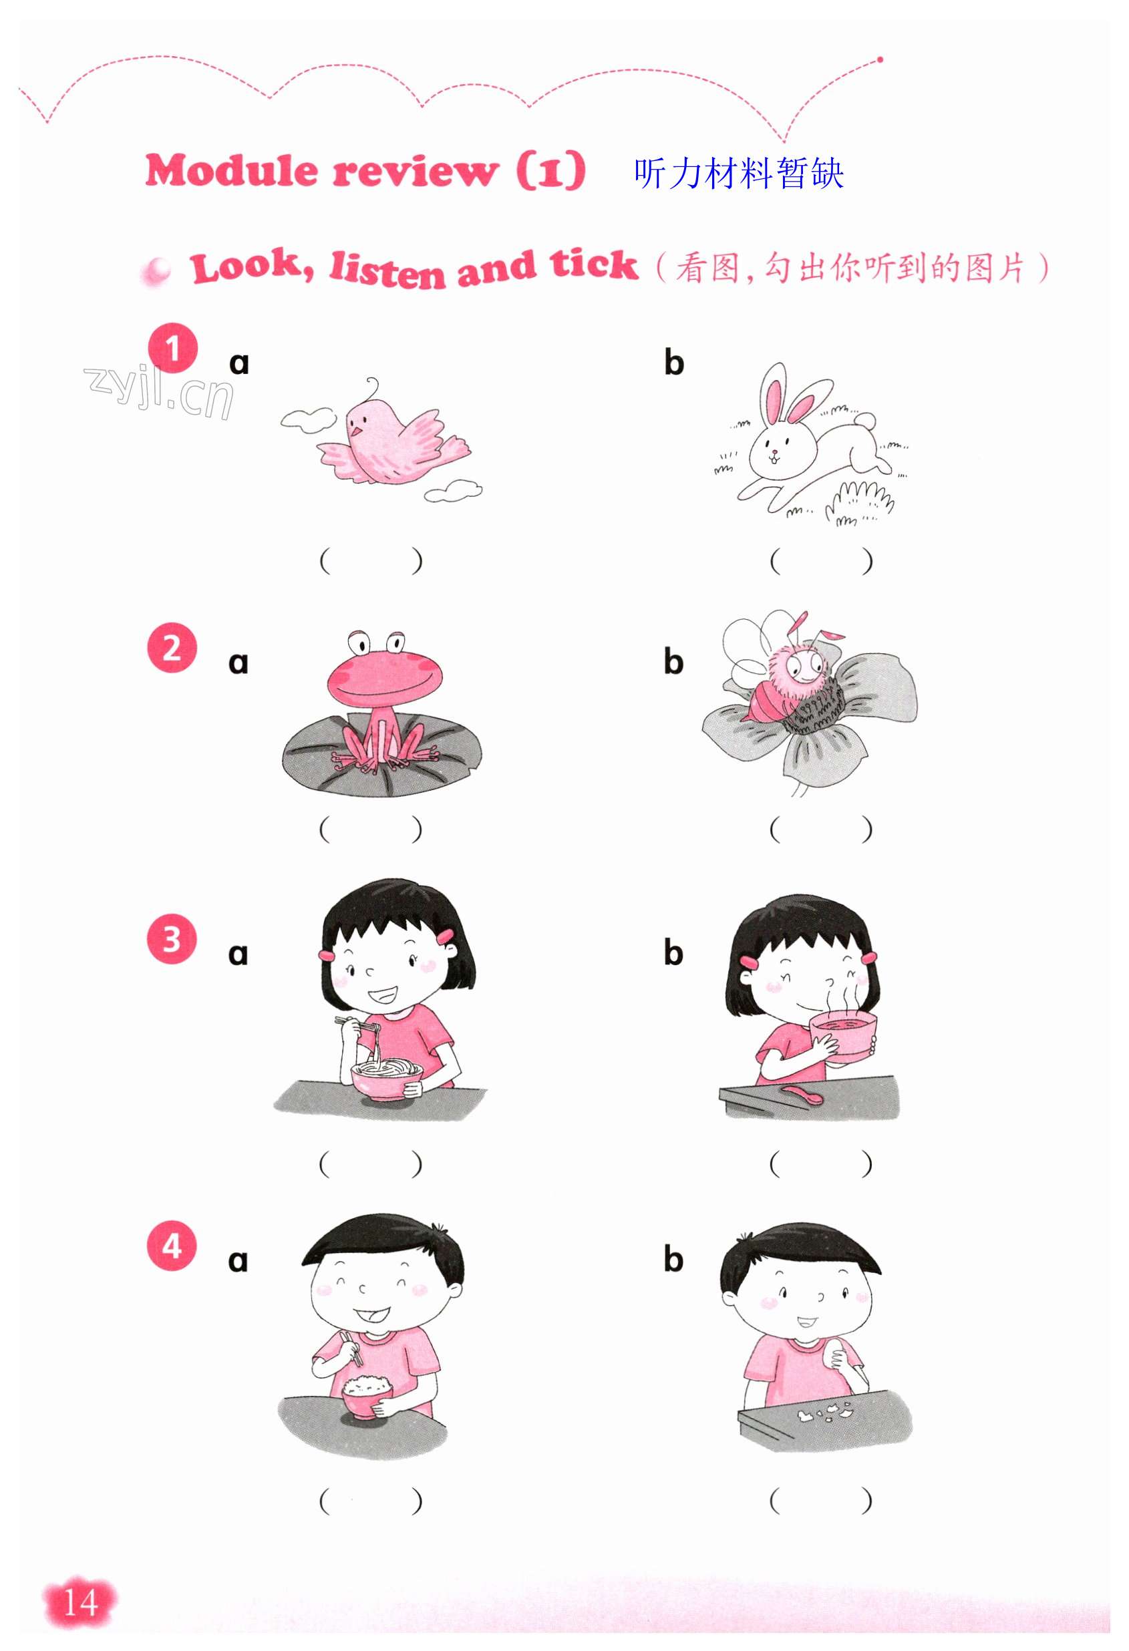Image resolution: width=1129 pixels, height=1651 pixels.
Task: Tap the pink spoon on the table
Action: click(803, 1095)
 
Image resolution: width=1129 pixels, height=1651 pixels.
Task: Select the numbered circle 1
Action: click(172, 348)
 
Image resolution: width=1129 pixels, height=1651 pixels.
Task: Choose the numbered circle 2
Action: click(172, 647)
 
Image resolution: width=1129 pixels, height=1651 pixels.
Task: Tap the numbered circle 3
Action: click(172, 939)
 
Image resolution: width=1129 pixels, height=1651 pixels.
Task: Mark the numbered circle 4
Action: click(172, 1246)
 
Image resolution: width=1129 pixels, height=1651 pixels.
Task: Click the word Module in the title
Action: click(232, 171)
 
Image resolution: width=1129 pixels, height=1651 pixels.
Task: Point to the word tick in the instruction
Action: click(594, 264)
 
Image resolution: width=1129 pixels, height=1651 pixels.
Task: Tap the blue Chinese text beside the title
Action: click(739, 174)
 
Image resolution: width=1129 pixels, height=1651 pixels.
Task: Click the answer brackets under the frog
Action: click(370, 829)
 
